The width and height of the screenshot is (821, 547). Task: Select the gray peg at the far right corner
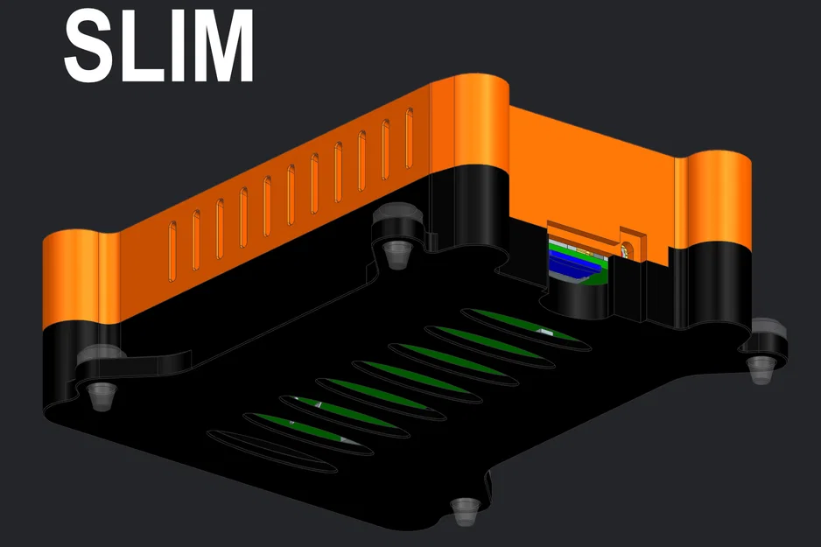(x=760, y=367)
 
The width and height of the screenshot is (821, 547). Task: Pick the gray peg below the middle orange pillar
(x=397, y=254)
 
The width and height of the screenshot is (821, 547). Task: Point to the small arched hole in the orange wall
(x=626, y=244)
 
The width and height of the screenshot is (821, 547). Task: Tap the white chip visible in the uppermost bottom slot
(x=544, y=332)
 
